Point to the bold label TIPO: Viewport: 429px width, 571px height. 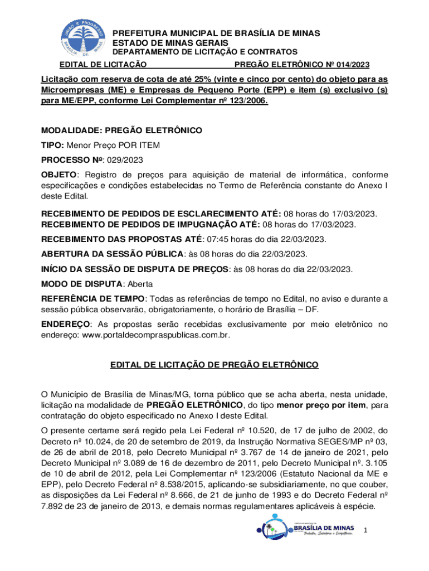tap(53, 145)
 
